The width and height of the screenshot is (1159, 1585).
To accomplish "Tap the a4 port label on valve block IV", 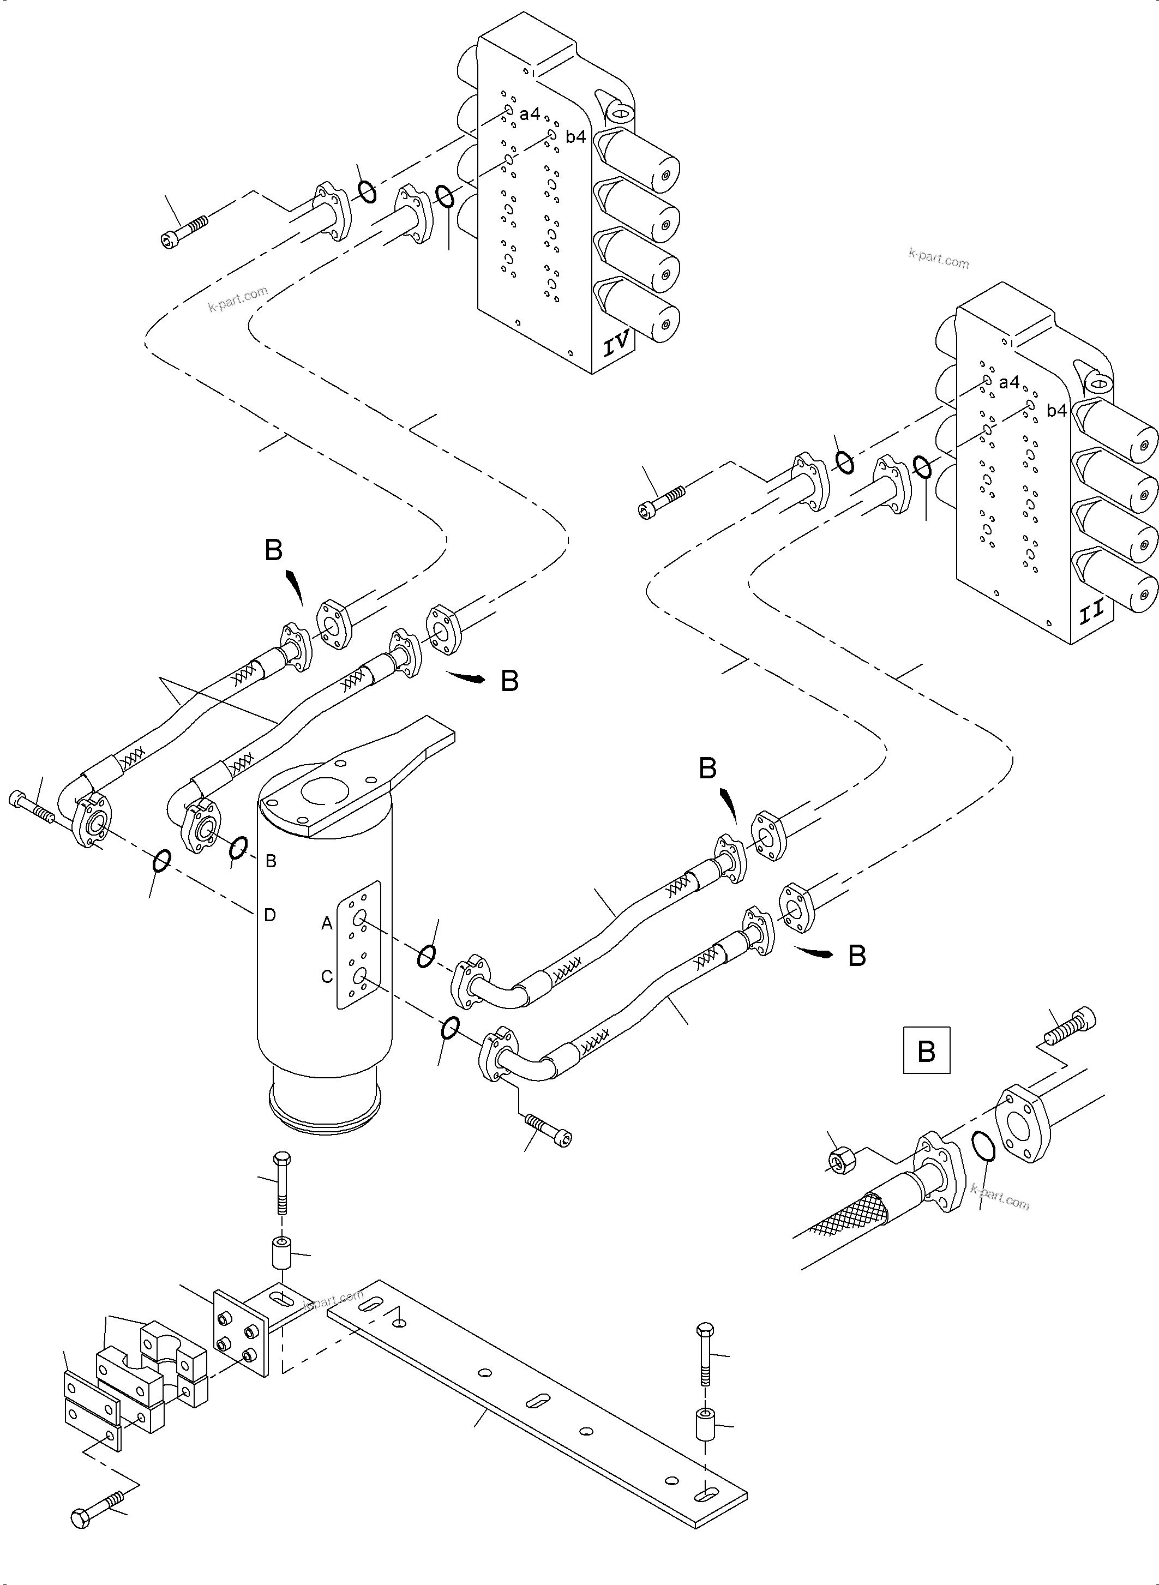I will [530, 113].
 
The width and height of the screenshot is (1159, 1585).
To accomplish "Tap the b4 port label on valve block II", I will [1056, 411].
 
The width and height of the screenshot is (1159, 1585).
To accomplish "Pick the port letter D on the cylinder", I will [269, 915].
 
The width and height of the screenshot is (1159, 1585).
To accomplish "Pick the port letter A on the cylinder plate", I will [326, 924].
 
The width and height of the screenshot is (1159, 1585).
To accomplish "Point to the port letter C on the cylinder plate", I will [326, 977].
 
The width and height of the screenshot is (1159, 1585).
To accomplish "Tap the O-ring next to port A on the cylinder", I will [426, 956].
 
